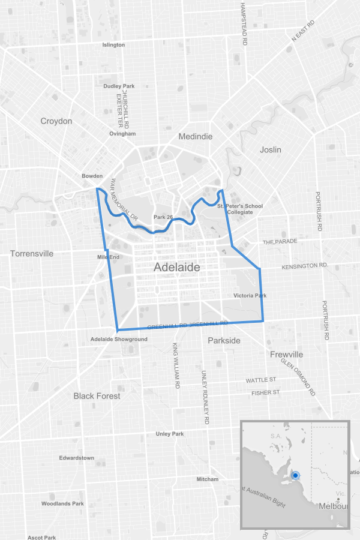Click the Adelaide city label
coord(176,267)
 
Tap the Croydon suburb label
coord(56,121)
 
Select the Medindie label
coord(196,137)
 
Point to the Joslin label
coord(271,149)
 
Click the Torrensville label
coord(32,254)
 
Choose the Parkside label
coord(224,341)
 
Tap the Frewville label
coord(286,355)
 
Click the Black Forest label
coord(97,396)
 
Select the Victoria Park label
coord(250,296)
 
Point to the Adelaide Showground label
coord(119,340)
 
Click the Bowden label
coord(92,176)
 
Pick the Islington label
coord(113,45)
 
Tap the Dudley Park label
coord(119,86)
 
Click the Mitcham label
coord(208,479)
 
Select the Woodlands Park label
coord(62,504)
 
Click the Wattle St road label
coord(260,380)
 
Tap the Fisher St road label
coord(265,393)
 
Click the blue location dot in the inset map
coord(295,476)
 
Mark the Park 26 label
coord(163,217)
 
